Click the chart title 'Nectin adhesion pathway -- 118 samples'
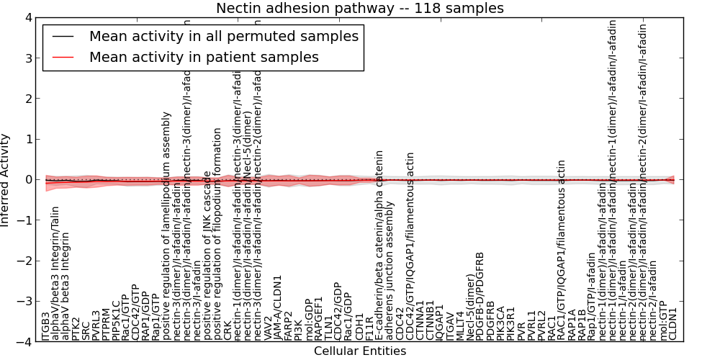click(x=360, y=9)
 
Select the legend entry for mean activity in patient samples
click(x=204, y=57)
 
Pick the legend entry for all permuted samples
click(x=223, y=36)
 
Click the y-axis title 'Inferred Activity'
click(x=6, y=180)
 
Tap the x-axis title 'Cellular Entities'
click(x=360, y=351)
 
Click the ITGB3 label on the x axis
click(x=46, y=326)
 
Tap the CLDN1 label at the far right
click(x=674, y=324)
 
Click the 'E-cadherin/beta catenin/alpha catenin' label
click(x=379, y=246)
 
